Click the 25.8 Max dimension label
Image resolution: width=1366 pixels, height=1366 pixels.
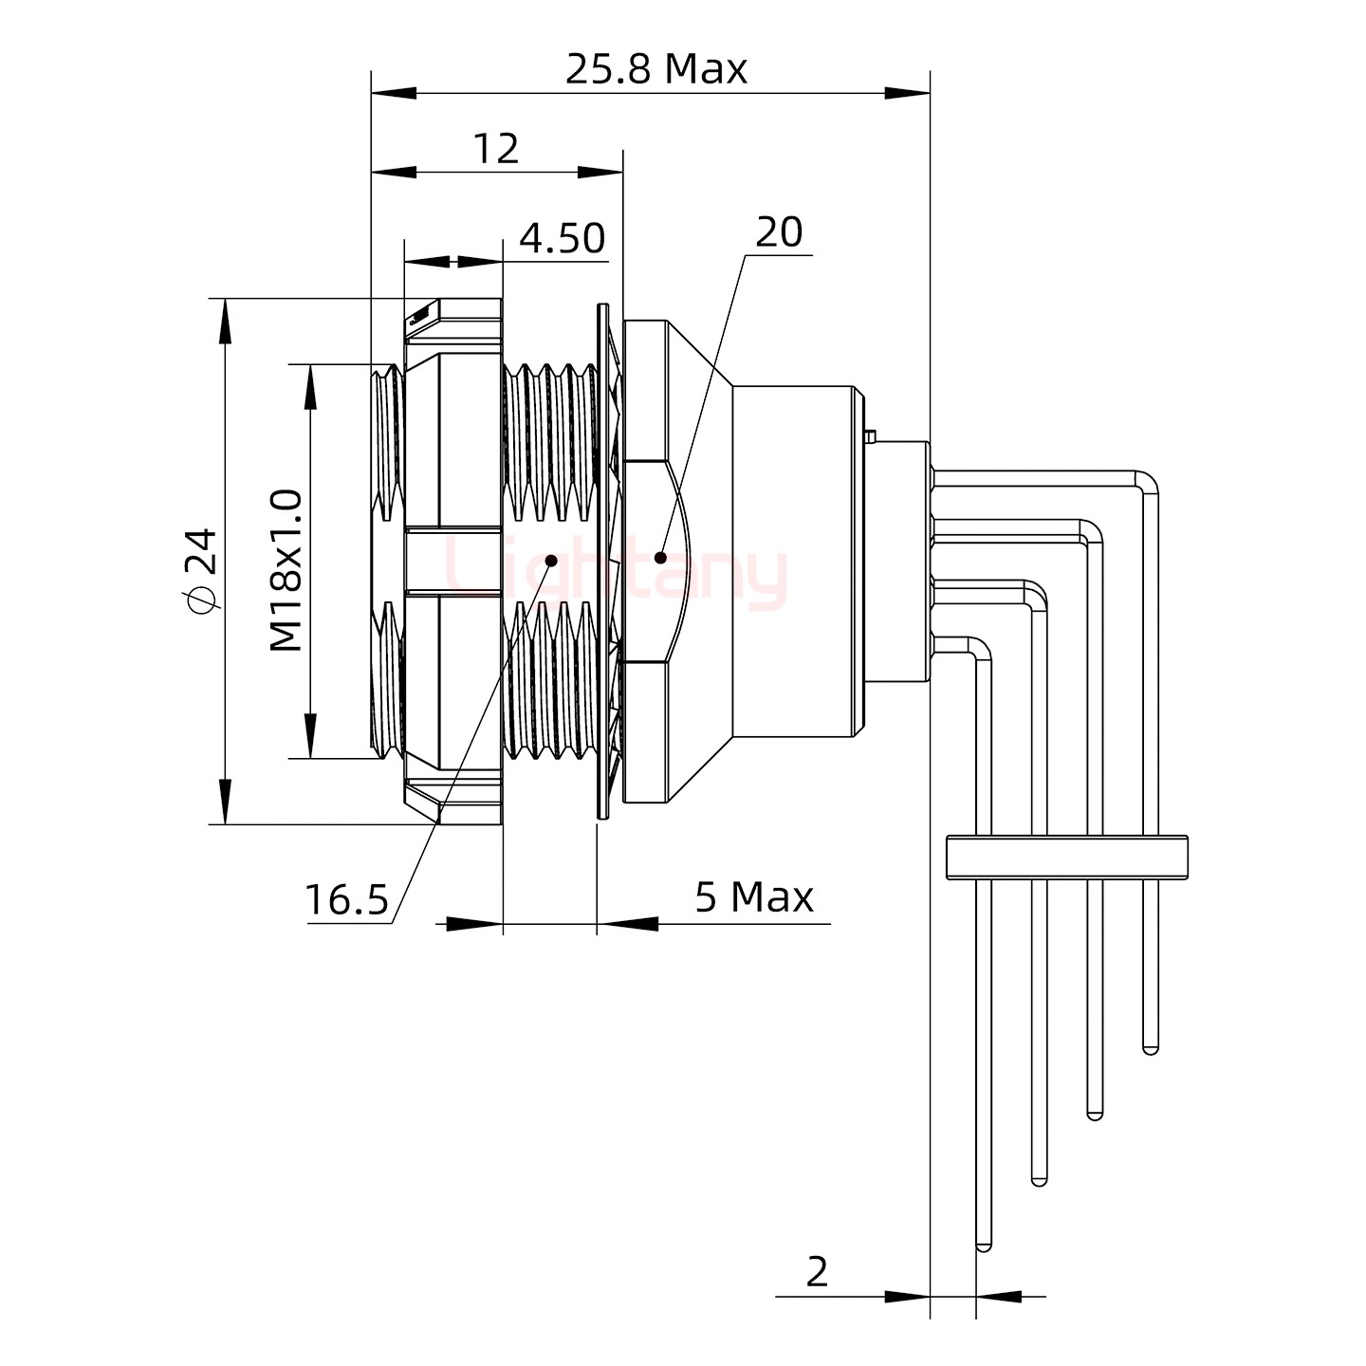click(656, 69)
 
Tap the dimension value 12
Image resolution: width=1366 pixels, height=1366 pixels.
click(495, 149)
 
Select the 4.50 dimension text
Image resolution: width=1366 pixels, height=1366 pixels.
click(562, 238)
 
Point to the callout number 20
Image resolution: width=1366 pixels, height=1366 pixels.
click(778, 232)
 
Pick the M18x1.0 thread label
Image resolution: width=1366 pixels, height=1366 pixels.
click(286, 570)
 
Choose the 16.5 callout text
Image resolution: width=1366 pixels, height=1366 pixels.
click(346, 899)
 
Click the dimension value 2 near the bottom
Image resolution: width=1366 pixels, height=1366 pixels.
click(817, 1272)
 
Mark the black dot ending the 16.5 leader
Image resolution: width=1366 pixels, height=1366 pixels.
click(551, 560)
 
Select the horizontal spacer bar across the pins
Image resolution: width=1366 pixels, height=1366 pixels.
click(1067, 856)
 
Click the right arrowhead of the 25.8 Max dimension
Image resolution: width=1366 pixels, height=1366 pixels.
click(909, 93)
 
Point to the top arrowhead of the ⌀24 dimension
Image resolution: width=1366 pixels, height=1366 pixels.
click(225, 318)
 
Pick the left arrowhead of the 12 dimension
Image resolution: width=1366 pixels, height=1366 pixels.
click(393, 174)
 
